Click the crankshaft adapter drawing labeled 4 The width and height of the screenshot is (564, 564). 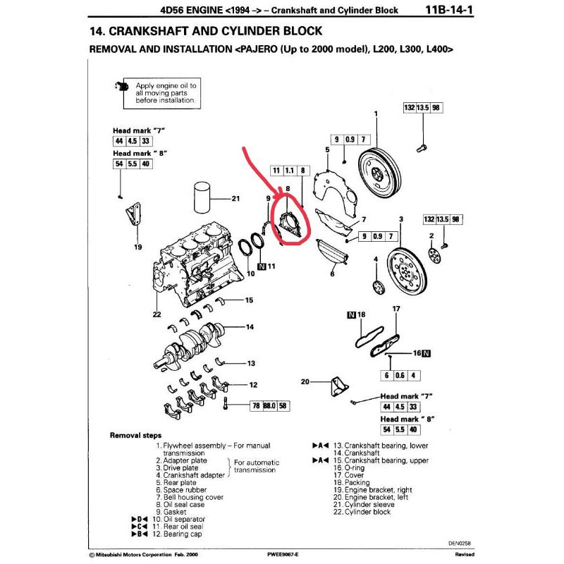pos(377,286)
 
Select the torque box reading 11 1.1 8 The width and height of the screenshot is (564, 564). pos(290,171)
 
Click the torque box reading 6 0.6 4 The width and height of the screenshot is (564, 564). pos(400,375)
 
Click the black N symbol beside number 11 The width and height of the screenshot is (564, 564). pos(262,266)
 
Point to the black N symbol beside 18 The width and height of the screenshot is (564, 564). pos(351,314)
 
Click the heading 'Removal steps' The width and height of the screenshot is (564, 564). pos(135,435)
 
